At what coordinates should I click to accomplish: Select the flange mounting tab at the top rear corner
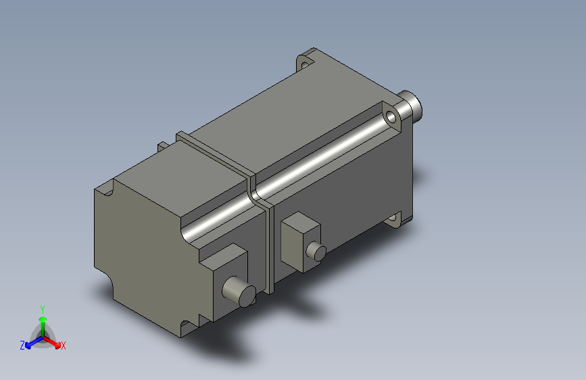click(x=308, y=60)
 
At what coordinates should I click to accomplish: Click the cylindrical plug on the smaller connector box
click(x=316, y=252)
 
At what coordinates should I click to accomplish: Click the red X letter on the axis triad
click(x=64, y=346)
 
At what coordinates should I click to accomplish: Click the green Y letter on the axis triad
click(x=42, y=308)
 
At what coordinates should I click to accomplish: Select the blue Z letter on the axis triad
click(x=22, y=345)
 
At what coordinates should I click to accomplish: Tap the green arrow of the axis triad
click(x=43, y=320)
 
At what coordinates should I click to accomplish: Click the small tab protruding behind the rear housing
click(x=163, y=146)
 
